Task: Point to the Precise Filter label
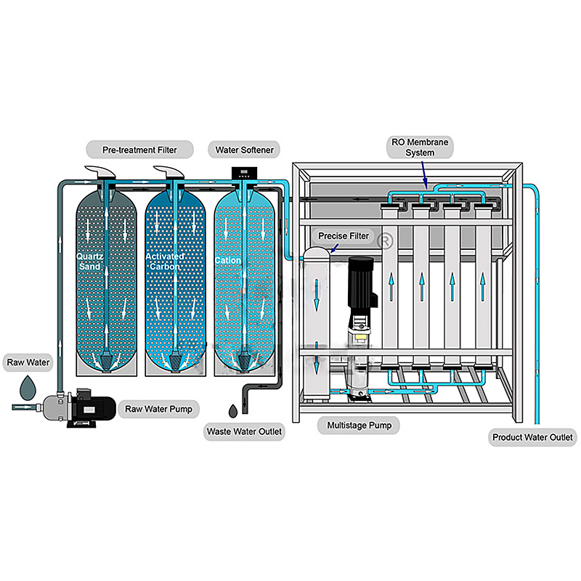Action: click(x=344, y=236)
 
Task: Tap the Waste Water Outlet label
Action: click(x=244, y=432)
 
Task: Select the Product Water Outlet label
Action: click(x=533, y=437)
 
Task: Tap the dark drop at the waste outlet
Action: click(x=232, y=411)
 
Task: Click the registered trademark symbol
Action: click(x=386, y=237)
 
